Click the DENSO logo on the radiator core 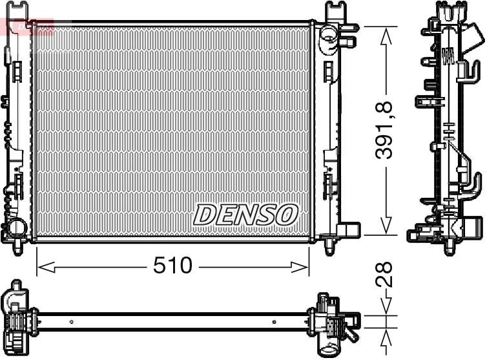click(x=245, y=215)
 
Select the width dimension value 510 click(x=172, y=265)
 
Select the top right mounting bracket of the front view click(x=337, y=11)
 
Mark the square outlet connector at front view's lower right click(x=348, y=230)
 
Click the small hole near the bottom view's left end click(x=71, y=320)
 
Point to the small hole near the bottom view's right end click(x=275, y=320)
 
